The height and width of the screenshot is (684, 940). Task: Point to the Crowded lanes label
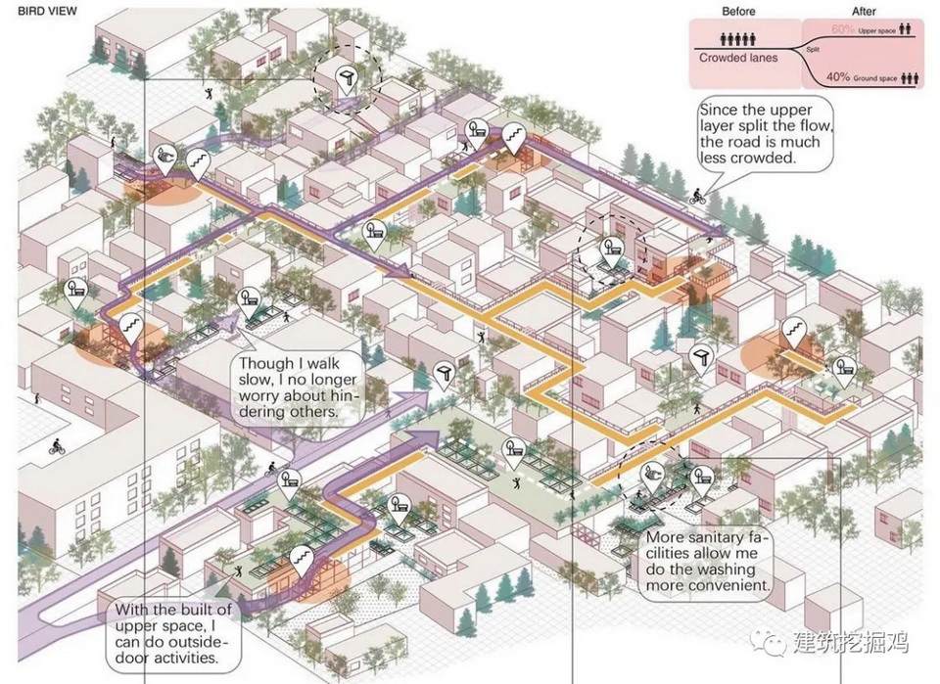(738, 58)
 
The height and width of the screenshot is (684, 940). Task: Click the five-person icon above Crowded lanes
(735, 40)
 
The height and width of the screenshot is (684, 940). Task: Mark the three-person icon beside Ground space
(908, 76)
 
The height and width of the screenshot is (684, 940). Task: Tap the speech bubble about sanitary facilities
(705, 562)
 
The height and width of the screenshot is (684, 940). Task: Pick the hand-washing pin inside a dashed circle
(652, 477)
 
